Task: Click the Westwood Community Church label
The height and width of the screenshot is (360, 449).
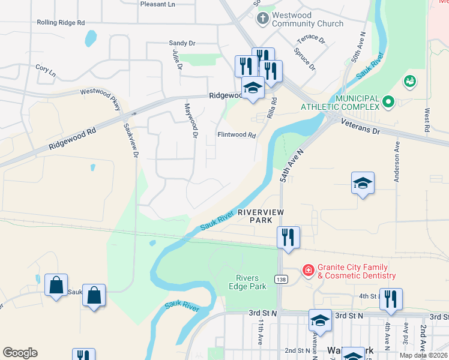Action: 307,19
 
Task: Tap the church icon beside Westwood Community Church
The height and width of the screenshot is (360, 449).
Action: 262,19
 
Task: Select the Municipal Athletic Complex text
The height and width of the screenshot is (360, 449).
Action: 357,102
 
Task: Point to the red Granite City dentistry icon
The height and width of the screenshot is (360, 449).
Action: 308,271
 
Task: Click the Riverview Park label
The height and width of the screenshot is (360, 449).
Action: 260,217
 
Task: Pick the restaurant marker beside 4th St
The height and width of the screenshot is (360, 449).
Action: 391,299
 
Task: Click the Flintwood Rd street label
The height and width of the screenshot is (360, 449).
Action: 237,135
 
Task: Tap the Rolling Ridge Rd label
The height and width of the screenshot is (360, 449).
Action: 61,22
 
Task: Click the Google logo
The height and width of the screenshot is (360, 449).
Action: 20,353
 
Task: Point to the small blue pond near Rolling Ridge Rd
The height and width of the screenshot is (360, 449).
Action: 91,39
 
